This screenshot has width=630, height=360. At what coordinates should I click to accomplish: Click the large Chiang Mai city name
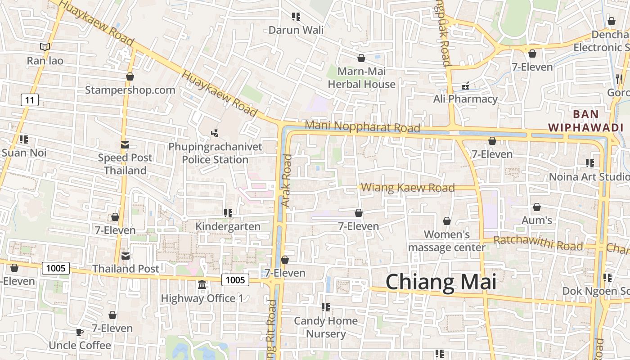tap(441, 282)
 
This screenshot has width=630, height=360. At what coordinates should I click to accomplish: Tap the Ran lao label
tap(45, 61)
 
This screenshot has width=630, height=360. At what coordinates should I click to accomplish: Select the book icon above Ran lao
tap(45, 47)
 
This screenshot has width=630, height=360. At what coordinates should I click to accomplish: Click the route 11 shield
tap(29, 100)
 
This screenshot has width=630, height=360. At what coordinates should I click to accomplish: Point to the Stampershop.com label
tap(130, 90)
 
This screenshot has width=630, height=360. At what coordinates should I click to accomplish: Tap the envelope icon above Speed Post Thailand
tap(125, 145)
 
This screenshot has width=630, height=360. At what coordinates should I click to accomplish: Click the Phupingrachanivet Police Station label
tap(215, 153)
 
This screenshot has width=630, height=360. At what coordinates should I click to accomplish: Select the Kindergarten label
tap(228, 226)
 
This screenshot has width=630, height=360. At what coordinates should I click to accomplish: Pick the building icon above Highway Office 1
tap(202, 285)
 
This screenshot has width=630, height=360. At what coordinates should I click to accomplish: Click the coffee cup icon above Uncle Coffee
tap(79, 333)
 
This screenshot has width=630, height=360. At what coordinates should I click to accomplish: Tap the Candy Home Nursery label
tap(326, 327)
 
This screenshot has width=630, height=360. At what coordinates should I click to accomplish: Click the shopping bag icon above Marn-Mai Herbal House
tap(361, 58)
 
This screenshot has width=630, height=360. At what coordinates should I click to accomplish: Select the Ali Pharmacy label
tap(465, 99)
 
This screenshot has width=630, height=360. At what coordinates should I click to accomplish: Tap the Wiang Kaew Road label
tap(408, 188)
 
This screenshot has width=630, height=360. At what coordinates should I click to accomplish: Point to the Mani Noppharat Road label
tap(362, 127)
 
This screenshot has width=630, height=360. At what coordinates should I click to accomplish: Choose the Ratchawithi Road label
tap(538, 243)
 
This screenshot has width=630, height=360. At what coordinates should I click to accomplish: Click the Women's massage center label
tap(447, 241)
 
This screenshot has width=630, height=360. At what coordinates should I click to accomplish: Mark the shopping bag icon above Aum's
tap(536, 207)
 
